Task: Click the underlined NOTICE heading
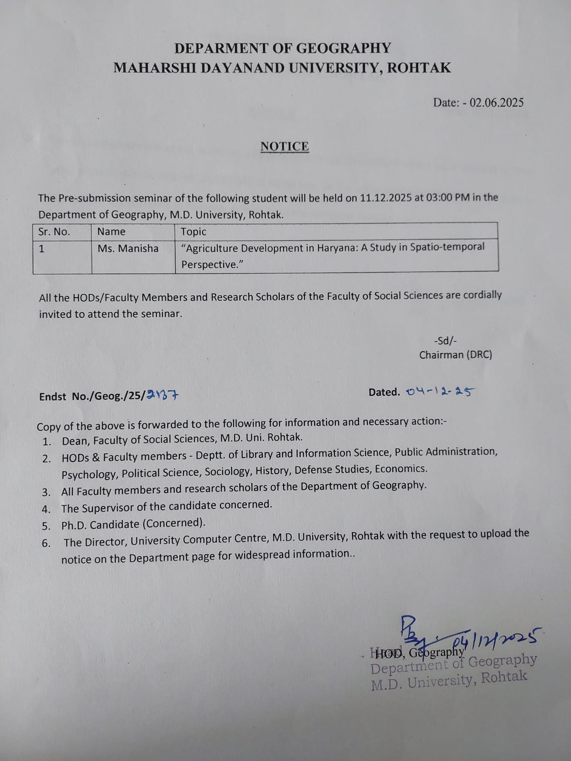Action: [285, 146]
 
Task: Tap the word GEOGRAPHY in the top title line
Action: [343, 49]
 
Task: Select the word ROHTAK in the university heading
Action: [419, 68]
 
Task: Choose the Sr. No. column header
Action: [54, 232]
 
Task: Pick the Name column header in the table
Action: [111, 232]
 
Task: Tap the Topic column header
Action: [193, 232]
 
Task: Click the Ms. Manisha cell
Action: [128, 248]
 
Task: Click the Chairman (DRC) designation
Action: [455, 355]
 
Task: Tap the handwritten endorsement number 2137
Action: [163, 395]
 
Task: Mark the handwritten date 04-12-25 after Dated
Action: [440, 391]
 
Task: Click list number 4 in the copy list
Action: [46, 509]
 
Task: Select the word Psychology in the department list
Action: [89, 474]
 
